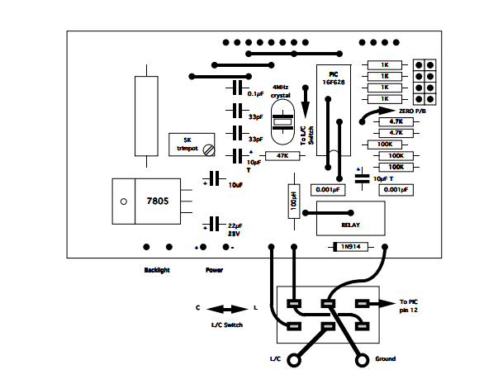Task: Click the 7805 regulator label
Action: click(x=157, y=201)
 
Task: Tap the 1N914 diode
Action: click(x=350, y=246)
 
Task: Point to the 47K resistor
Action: click(x=282, y=155)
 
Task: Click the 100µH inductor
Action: click(x=292, y=201)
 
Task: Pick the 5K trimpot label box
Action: click(x=187, y=145)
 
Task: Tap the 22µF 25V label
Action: click(x=235, y=228)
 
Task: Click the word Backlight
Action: click(x=157, y=270)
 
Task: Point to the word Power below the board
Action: click(x=214, y=270)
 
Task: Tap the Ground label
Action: click(x=384, y=359)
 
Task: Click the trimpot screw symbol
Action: click(x=210, y=149)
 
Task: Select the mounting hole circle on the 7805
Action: click(x=123, y=201)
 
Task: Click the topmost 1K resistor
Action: click(x=384, y=65)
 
